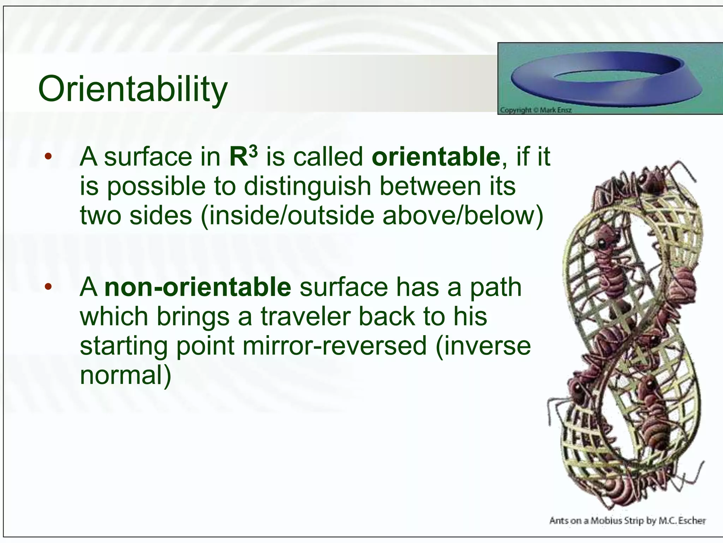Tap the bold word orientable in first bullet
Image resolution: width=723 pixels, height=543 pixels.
pos(436,157)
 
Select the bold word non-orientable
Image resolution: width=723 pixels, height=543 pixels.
pos(198,287)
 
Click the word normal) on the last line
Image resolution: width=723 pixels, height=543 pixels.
pos(125,375)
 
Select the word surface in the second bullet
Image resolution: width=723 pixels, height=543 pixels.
pos(343,287)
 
